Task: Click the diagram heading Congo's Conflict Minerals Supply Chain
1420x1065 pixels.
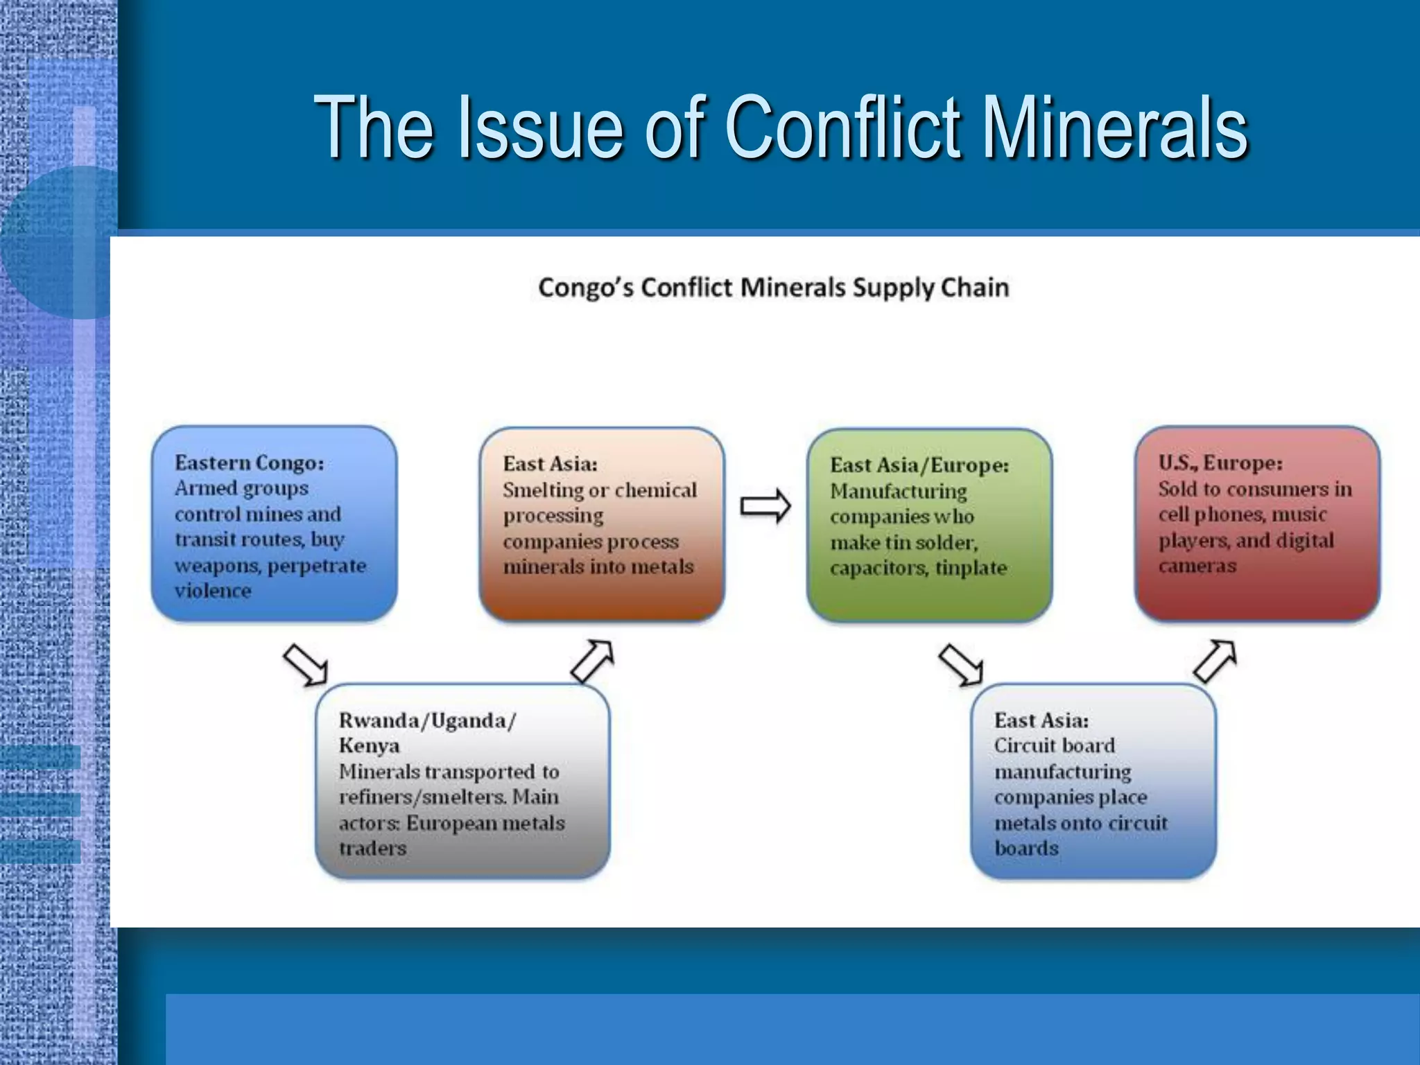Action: click(x=773, y=288)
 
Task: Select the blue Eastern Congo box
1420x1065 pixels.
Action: click(x=274, y=523)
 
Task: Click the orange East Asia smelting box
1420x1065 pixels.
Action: click(x=602, y=523)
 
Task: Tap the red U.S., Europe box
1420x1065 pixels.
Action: click(x=1257, y=523)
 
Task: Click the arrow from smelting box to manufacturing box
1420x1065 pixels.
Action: click(x=765, y=507)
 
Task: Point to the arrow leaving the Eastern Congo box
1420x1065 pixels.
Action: click(x=305, y=664)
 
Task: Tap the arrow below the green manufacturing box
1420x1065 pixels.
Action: click(x=961, y=664)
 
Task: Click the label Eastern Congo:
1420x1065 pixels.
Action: click(x=249, y=462)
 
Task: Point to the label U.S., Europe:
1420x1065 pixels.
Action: click(x=1220, y=462)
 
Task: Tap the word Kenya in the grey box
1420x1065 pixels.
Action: click(x=369, y=746)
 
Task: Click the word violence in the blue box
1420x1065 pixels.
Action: click(x=213, y=591)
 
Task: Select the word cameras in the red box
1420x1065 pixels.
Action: click(x=1197, y=566)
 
